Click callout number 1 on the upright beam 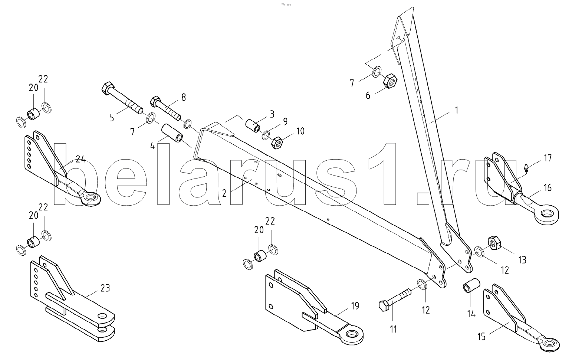point(457,111)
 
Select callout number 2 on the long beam point(224,193)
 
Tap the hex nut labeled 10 point(277,142)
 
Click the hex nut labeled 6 point(391,80)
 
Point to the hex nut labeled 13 point(494,243)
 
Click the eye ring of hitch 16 point(546,215)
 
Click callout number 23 point(105,288)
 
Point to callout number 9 point(285,121)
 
